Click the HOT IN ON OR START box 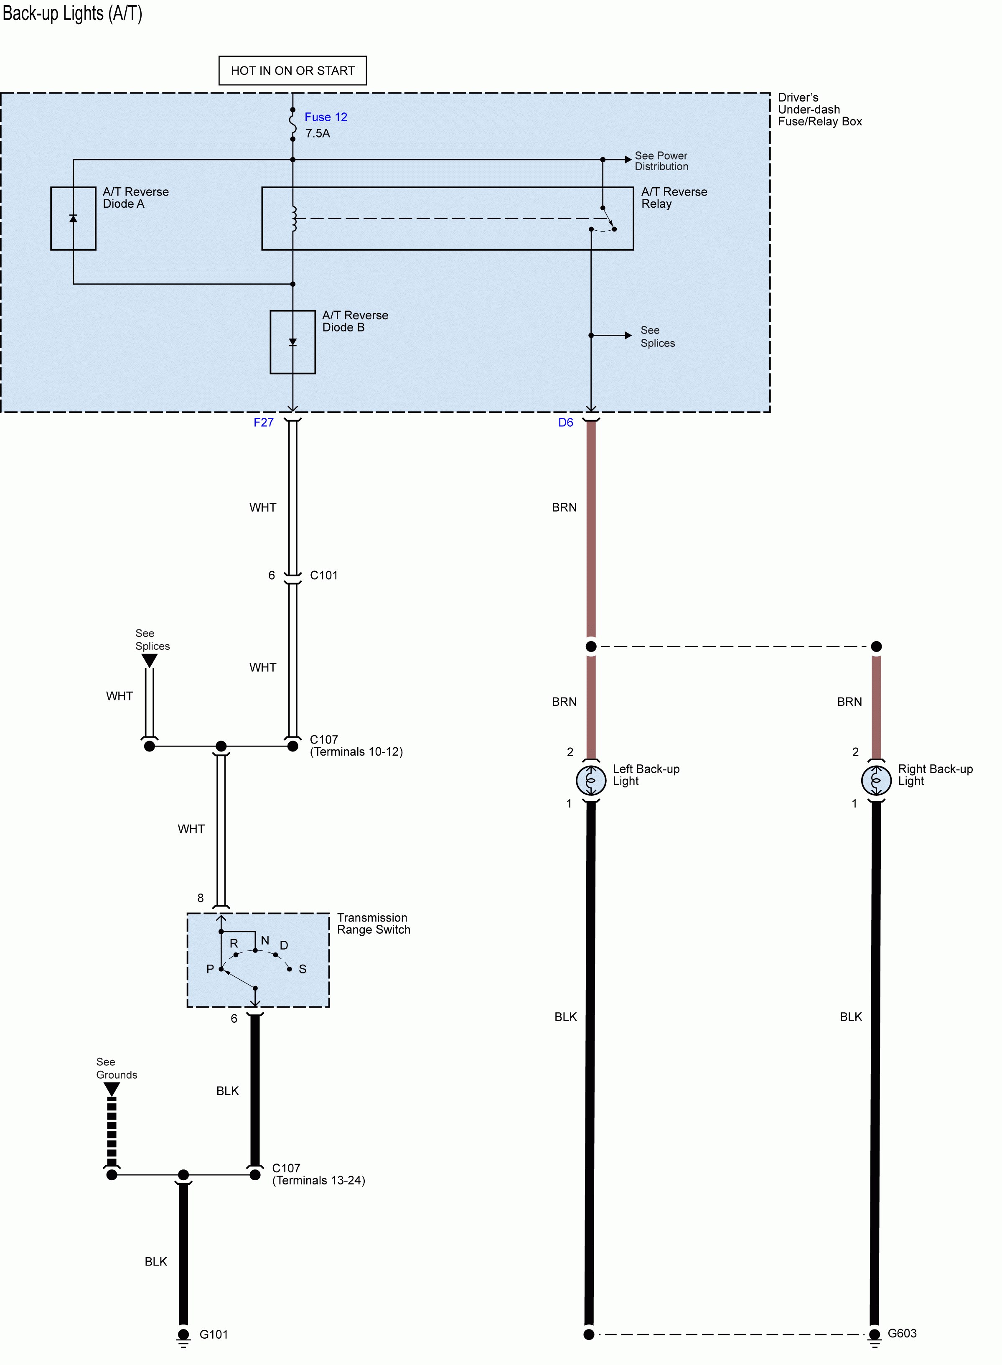coord(292,70)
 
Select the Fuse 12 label coord(326,117)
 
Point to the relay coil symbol coord(294,219)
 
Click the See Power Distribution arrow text coord(661,161)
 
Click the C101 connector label coord(324,575)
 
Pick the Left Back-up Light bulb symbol coord(591,780)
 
